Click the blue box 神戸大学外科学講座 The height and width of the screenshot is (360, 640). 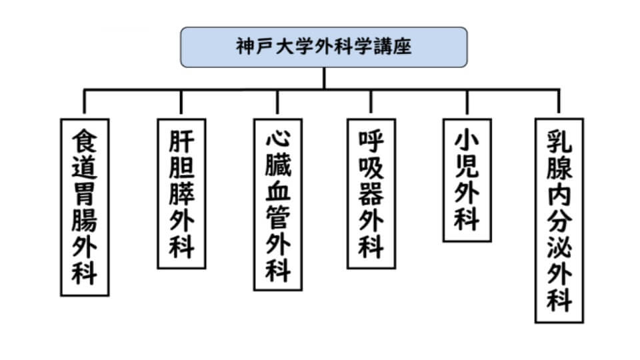(x=323, y=47)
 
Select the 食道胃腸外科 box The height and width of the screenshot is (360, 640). (x=85, y=207)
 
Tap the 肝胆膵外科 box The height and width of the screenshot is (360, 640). (x=181, y=193)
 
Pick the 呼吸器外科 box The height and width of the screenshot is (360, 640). (x=371, y=193)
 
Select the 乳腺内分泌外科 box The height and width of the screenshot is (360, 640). (x=559, y=220)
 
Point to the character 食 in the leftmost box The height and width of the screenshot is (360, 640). (x=85, y=140)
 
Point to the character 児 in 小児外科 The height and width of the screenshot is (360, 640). (x=467, y=167)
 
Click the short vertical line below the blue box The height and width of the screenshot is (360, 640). (x=323, y=77)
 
